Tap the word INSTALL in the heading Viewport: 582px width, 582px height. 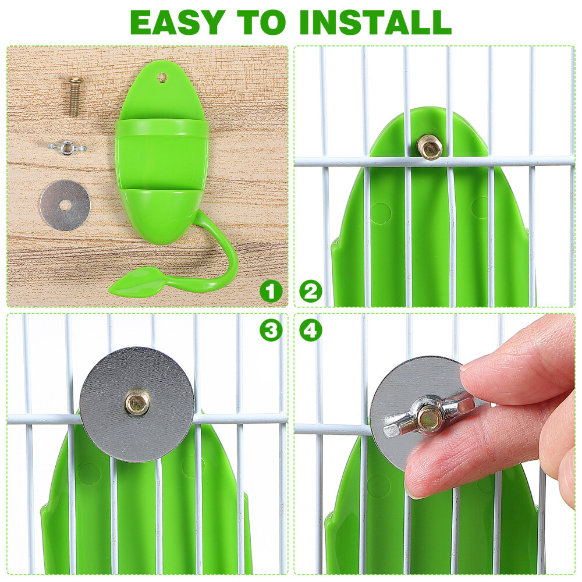(375, 22)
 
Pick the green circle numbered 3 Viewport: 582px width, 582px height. (271, 330)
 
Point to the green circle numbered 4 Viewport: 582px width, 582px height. (311, 330)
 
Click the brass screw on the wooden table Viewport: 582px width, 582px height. (75, 96)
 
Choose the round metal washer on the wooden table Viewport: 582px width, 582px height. (65, 205)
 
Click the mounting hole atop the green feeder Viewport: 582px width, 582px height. (163, 76)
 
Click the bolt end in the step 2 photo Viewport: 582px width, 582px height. (430, 147)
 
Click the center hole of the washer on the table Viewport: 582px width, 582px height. (65, 205)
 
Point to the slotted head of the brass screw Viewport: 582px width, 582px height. (76, 81)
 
